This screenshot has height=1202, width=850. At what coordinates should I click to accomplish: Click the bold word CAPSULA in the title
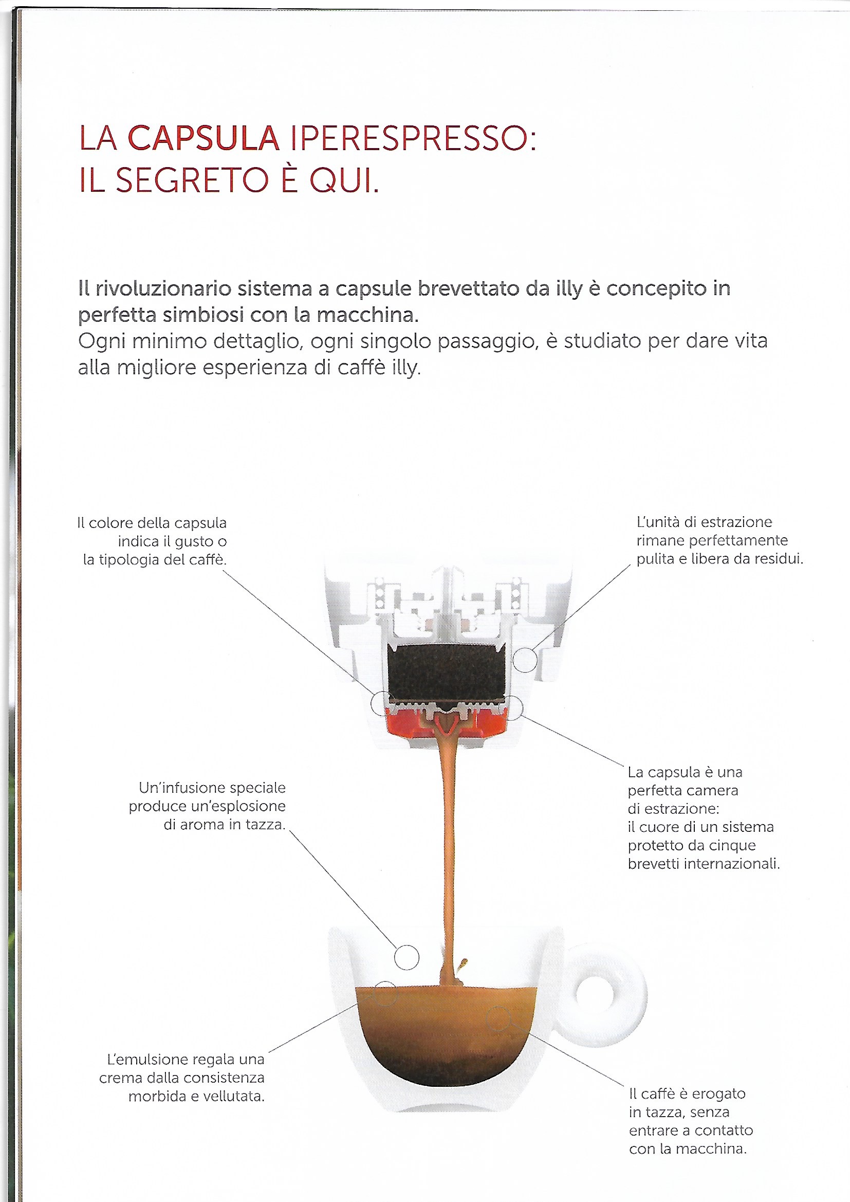pyautogui.click(x=203, y=139)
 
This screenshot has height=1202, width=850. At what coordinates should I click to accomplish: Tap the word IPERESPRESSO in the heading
pyautogui.click(x=413, y=139)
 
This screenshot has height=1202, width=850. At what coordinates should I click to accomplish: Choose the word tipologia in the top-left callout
pyautogui.click(x=129, y=560)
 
